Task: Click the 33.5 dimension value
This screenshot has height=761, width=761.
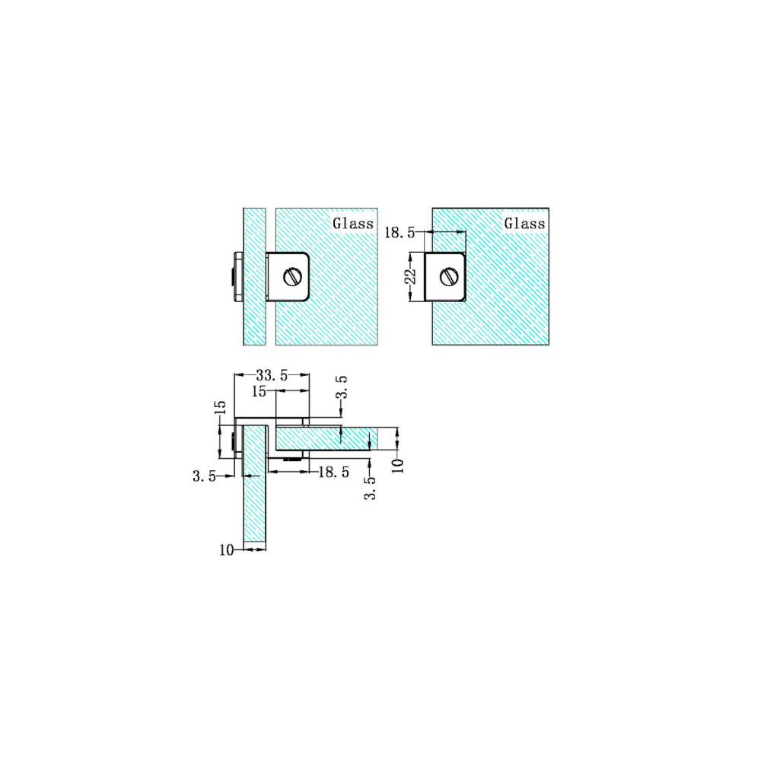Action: click(x=272, y=374)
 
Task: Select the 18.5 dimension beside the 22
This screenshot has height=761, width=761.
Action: click(x=400, y=233)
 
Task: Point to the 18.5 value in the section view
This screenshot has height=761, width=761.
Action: click(x=333, y=473)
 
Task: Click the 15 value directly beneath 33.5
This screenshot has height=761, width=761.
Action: click(x=259, y=391)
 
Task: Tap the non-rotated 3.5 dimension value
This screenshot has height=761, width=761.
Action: click(x=205, y=476)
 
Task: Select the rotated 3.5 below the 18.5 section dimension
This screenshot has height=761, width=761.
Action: click(x=371, y=488)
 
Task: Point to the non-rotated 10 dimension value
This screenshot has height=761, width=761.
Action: click(x=226, y=549)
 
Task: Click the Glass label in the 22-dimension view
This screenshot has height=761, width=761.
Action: click(x=525, y=223)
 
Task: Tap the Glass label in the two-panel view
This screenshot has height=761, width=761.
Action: click(x=352, y=223)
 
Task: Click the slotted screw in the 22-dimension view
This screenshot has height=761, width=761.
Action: click(x=448, y=276)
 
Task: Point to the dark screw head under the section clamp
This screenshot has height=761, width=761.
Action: click(x=291, y=459)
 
